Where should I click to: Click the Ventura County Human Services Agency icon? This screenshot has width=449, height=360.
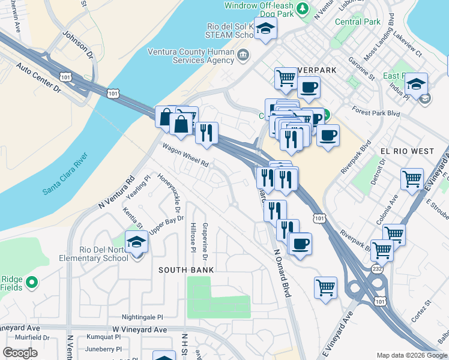point(243,56)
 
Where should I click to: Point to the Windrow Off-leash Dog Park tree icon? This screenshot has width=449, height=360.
point(303,7)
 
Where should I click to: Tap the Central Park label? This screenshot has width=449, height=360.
point(358,22)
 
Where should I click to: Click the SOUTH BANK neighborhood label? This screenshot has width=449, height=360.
point(186,270)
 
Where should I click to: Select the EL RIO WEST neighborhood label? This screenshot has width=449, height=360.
point(406,151)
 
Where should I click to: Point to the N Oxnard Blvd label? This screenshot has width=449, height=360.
point(282,273)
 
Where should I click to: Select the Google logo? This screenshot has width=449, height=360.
point(20,353)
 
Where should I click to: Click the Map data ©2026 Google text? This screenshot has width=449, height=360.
point(412,355)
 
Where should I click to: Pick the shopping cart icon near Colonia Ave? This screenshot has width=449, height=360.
point(394,234)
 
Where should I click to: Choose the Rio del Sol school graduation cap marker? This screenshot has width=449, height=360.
point(265,28)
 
